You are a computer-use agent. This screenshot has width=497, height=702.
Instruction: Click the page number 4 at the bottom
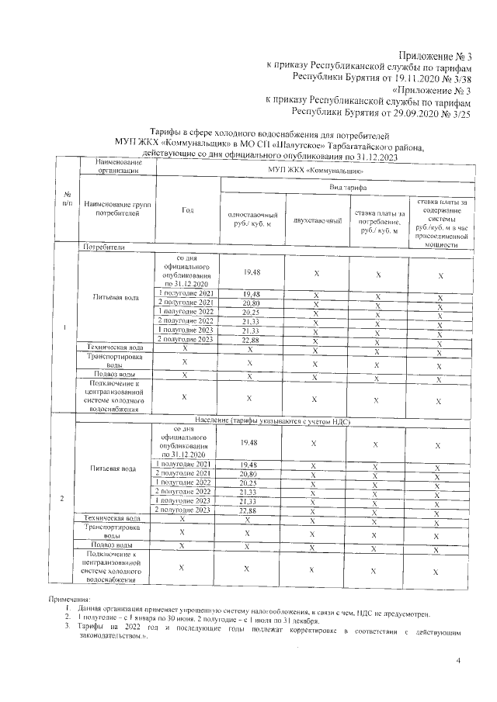pyautogui.click(x=458, y=660)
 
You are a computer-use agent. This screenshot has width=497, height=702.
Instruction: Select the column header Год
pyautogui.click(x=187, y=210)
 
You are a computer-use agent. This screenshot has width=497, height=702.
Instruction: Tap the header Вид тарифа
pyautogui.click(x=343, y=188)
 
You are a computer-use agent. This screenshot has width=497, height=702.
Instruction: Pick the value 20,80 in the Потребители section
pyautogui.click(x=251, y=303)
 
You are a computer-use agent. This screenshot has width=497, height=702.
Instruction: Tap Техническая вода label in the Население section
pyautogui.click(x=113, y=518)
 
